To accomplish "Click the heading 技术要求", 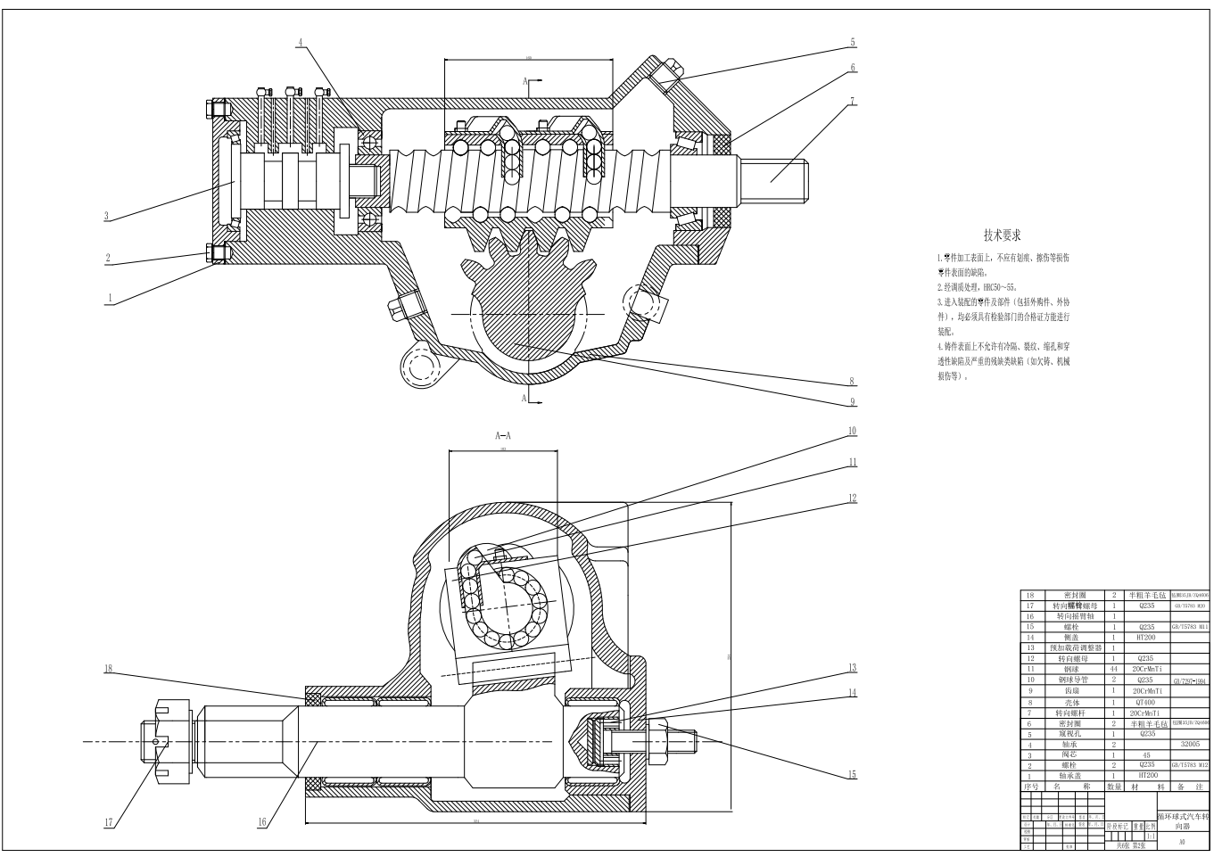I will pos(1002,235).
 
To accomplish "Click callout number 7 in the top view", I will pos(852,101).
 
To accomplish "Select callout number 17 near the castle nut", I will pos(109,822).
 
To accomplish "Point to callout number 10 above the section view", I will pos(852,431).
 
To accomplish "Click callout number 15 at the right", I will pos(852,774).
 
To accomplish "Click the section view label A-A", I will pos(503,436).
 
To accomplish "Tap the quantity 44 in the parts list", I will pos(1114,668).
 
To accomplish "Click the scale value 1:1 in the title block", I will pos(1150,836).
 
